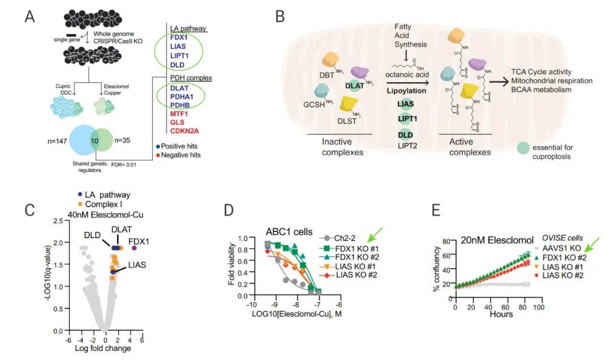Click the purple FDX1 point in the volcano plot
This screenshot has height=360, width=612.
click(x=134, y=248)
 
